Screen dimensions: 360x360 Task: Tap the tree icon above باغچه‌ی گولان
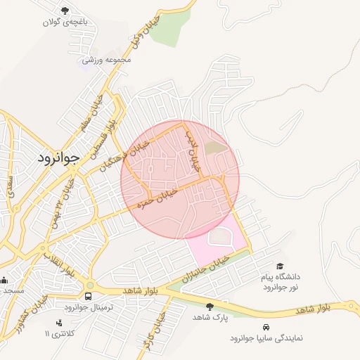pos(65,11)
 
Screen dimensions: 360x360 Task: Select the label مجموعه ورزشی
pos(106,60)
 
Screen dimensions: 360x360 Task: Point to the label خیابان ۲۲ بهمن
pos(62,206)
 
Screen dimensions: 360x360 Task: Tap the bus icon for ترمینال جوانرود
pos(89,296)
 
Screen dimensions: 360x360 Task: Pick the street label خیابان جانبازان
pos(202,269)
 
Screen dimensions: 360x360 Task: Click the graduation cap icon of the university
pos(281,266)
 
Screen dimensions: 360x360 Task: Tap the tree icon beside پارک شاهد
pos(210,306)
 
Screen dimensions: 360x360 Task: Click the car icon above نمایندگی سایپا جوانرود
pos(266,327)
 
